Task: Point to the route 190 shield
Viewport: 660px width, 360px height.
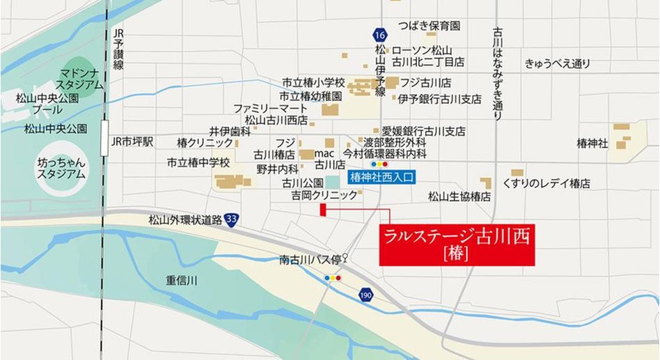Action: click(366, 296)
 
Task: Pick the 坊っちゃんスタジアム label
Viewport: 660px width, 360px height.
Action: click(61, 168)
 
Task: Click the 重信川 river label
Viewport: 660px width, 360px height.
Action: click(182, 281)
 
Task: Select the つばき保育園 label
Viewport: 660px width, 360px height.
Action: click(429, 26)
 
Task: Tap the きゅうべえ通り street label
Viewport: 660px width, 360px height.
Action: click(558, 64)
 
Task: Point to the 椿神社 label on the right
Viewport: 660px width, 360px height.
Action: click(592, 143)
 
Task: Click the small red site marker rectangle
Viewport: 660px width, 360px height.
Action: click(322, 211)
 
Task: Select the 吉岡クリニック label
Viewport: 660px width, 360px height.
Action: click(324, 197)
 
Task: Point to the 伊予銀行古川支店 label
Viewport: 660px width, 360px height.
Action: click(440, 100)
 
